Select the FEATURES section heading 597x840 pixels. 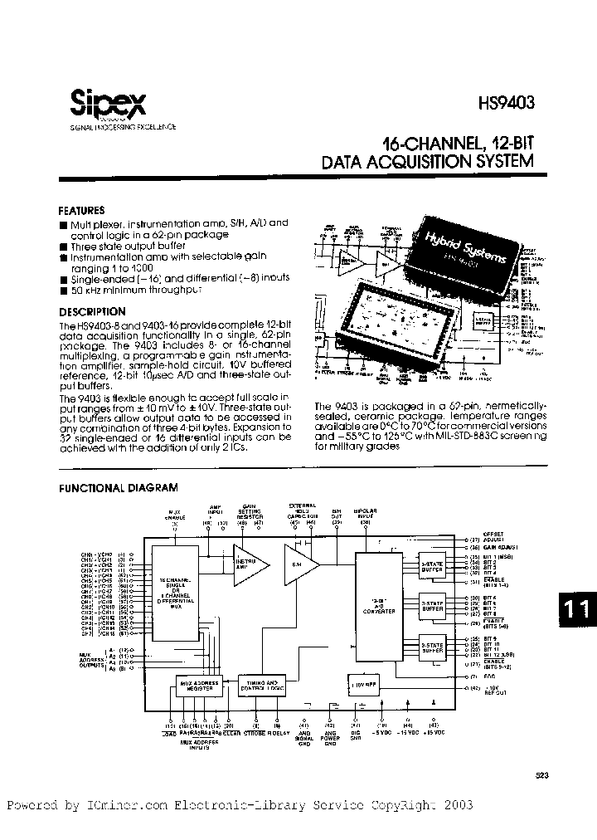[x=81, y=211]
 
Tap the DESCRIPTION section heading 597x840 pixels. [x=91, y=311]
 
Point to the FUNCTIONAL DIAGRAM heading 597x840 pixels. [x=118, y=488]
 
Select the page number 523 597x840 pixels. [x=542, y=774]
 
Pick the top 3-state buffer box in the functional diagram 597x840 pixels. [x=430, y=564]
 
